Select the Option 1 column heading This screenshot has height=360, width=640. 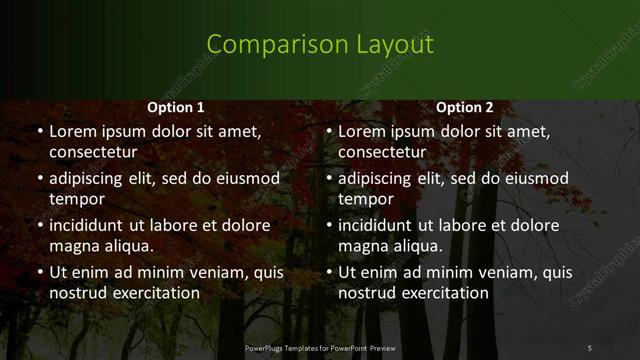pos(176,108)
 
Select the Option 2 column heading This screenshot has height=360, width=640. pos(465,108)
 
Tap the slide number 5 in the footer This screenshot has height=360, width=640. pos(589,347)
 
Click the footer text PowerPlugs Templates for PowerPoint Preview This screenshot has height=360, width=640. pos(320,347)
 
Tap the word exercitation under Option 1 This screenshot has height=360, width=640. pos(153,293)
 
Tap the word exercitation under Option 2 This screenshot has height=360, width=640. pos(442,293)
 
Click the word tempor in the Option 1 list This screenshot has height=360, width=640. pos(75,199)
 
